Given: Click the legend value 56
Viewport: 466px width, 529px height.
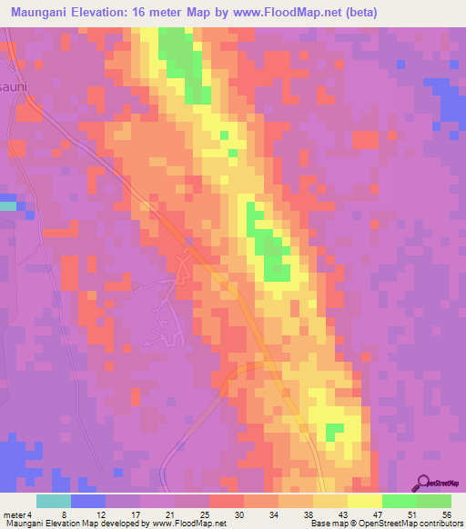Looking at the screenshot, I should point(447,514).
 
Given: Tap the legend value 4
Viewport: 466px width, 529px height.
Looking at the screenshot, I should point(28,514).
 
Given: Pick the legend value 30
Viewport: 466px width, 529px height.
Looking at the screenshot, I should point(239,514).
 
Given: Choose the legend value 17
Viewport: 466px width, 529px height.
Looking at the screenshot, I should point(136,514).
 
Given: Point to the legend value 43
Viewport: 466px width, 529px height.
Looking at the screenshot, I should point(343,514).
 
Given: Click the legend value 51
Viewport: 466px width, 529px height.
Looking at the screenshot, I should point(412,514).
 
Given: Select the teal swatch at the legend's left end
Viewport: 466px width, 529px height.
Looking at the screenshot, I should point(54,501).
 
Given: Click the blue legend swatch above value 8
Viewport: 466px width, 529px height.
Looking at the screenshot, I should point(88,501).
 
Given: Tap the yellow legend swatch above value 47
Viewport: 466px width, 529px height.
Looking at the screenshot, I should point(365,501).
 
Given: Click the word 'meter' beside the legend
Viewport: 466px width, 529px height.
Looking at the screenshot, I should point(13,514).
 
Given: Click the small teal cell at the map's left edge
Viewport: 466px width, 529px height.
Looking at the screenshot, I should point(7,206).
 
